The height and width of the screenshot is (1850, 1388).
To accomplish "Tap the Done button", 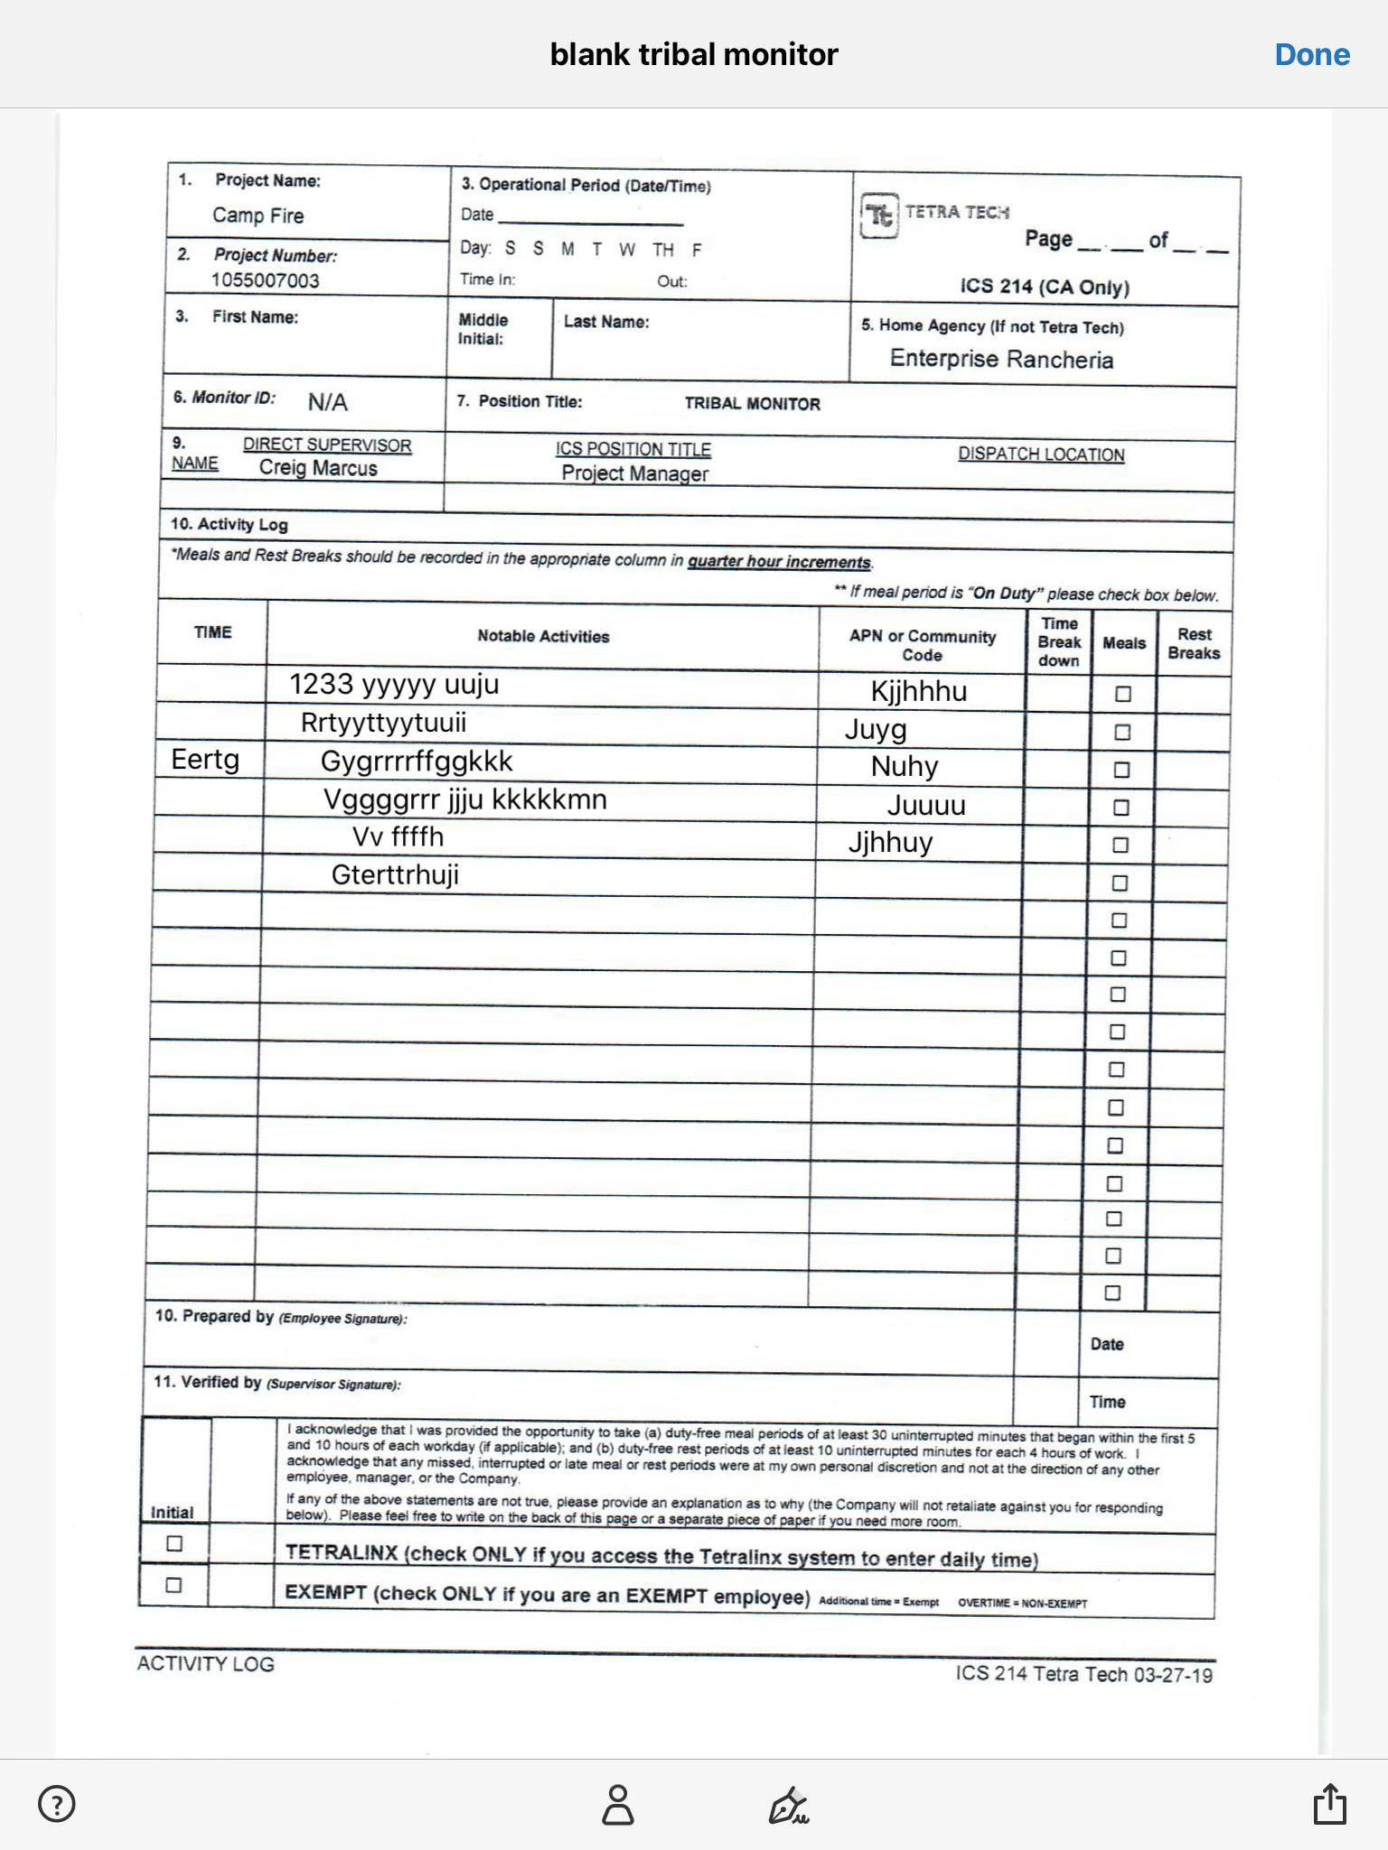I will [x=1312, y=55].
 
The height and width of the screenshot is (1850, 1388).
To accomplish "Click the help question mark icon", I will [x=57, y=1804].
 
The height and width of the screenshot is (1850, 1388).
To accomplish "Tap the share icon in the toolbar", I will [x=1329, y=1804].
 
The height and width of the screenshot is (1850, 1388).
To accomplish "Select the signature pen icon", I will [x=788, y=1805].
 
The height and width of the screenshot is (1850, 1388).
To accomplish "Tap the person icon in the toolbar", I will [x=618, y=1804].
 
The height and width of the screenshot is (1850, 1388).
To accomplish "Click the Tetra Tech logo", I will [x=879, y=216].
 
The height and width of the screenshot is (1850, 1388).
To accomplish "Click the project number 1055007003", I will [x=266, y=280].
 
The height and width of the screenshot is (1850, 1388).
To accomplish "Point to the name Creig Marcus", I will [x=318, y=468].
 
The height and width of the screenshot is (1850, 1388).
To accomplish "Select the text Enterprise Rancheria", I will [x=1001, y=360].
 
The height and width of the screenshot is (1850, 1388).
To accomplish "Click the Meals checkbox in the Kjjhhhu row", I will [x=1123, y=695].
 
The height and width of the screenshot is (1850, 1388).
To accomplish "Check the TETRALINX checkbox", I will [x=174, y=1544].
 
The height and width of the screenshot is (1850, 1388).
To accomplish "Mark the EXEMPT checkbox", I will [x=173, y=1585].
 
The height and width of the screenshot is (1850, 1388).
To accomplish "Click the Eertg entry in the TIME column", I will [x=205, y=760].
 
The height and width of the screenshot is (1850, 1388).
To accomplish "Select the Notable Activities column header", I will [x=543, y=636].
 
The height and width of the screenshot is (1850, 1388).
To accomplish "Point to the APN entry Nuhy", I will [x=905, y=767].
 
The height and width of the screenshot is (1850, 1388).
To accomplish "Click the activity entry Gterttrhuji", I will [x=395, y=874].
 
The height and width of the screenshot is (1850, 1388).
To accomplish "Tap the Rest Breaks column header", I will [x=1194, y=643].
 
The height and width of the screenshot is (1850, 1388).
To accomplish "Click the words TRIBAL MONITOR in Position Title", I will [x=752, y=404].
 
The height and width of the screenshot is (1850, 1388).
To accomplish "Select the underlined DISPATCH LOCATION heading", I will [x=1041, y=454].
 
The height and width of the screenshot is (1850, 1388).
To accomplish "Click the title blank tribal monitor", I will [x=694, y=55].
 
